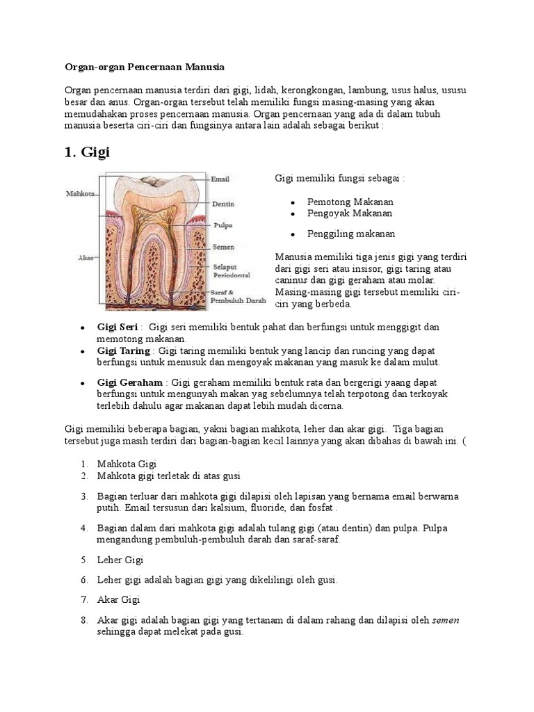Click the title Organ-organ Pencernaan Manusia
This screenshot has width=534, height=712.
[x=145, y=67]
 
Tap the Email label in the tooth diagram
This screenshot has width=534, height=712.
[x=220, y=179]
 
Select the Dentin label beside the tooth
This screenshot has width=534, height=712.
[x=222, y=204]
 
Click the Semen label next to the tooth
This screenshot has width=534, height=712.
[x=223, y=247]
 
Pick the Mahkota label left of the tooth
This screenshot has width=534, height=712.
[x=81, y=193]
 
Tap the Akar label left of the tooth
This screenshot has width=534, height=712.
[x=86, y=258]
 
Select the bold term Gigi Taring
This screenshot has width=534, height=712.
[x=124, y=351]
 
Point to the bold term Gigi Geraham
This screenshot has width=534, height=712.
[x=130, y=382]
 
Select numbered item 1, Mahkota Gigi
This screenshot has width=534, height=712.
[x=127, y=464]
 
